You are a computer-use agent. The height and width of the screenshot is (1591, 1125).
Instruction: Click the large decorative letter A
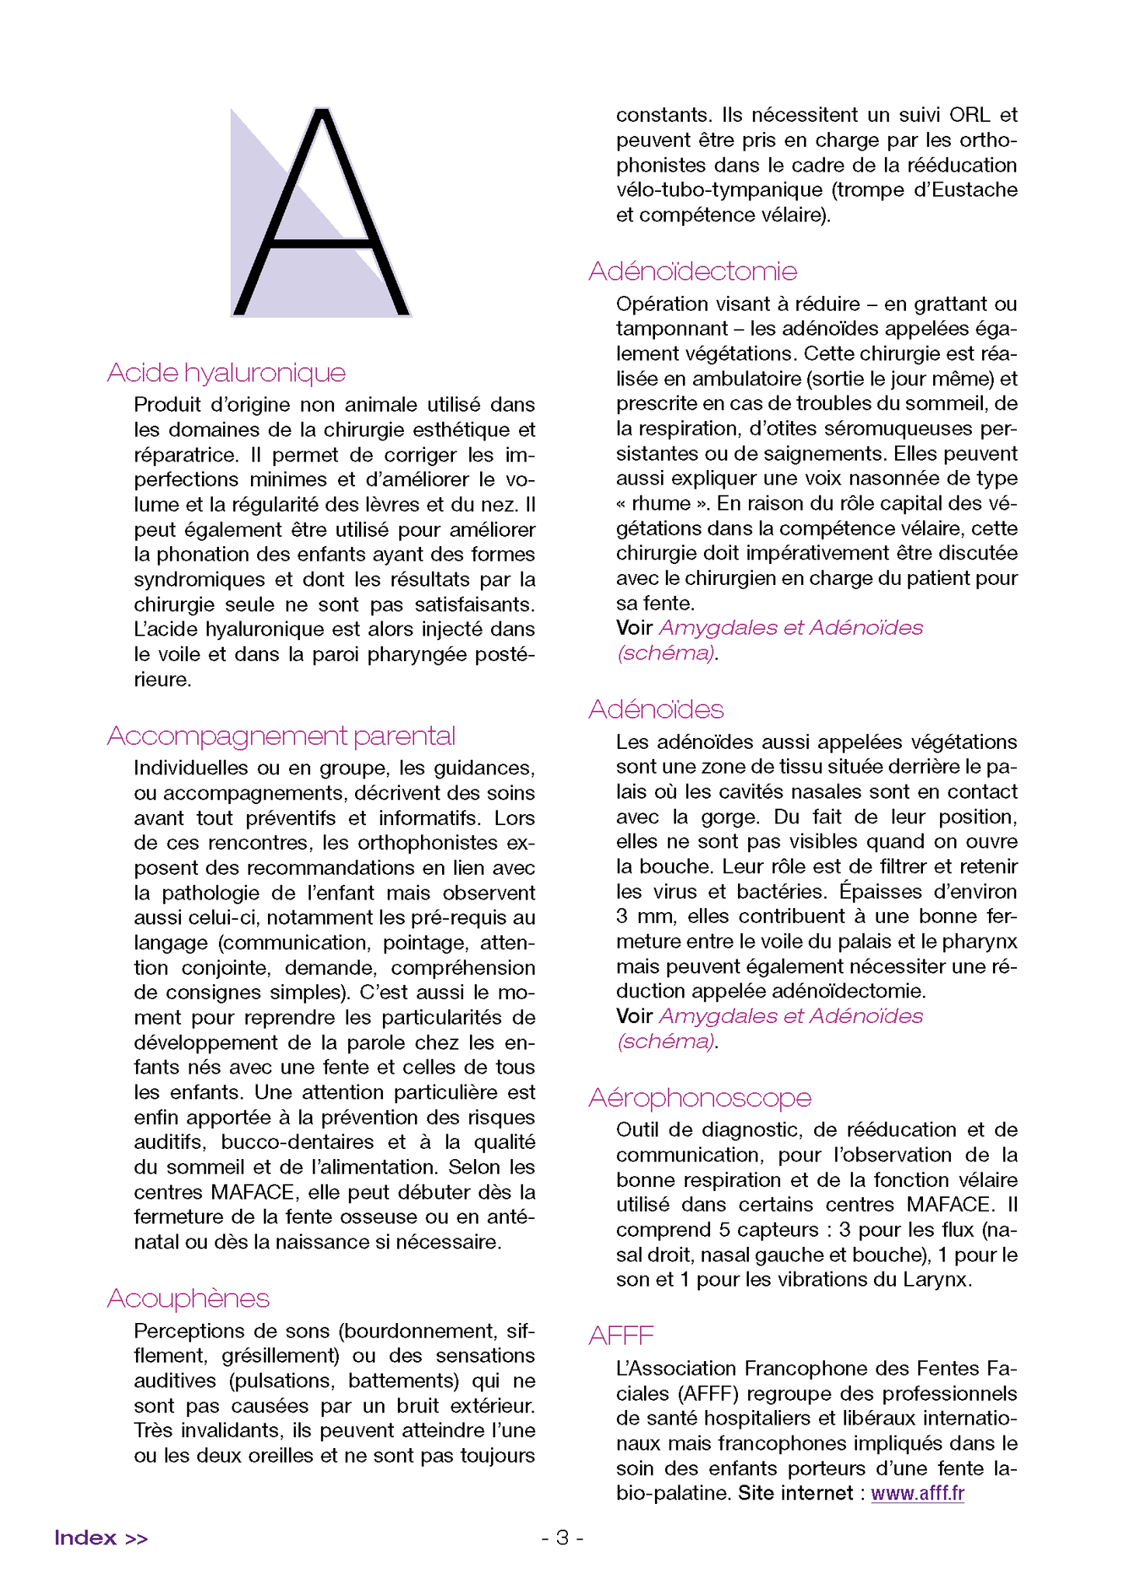(321, 214)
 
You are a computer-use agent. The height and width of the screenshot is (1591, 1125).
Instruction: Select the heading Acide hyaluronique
(226, 373)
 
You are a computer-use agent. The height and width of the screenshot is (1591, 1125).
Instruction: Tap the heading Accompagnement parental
(280, 736)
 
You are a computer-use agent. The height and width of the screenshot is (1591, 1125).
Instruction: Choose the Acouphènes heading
(188, 1298)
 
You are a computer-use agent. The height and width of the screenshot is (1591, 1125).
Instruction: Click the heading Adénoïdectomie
(692, 271)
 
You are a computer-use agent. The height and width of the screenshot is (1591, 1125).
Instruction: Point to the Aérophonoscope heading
(699, 1098)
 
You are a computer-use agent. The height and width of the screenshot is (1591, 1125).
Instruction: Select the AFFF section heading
(621, 1335)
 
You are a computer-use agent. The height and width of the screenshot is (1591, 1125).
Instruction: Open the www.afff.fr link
(917, 1493)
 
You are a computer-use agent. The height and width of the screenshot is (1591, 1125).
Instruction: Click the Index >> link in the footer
(101, 1538)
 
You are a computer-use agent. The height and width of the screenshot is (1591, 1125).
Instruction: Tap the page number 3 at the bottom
(562, 1538)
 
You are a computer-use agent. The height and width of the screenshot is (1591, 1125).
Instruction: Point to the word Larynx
(936, 1279)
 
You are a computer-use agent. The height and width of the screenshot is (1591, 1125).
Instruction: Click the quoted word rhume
(661, 503)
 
